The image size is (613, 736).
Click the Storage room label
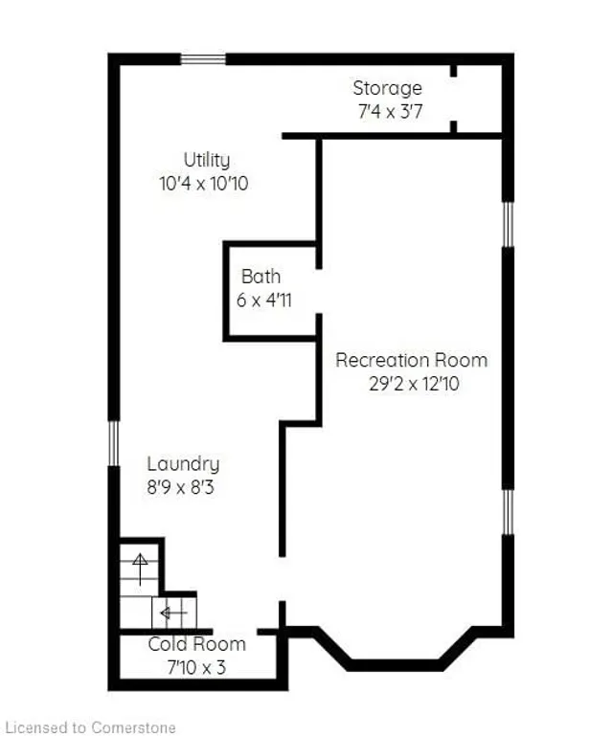tap(387, 89)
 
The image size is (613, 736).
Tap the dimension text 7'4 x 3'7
tap(387, 111)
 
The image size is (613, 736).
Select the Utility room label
tap(206, 161)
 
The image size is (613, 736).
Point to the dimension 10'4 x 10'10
tap(204, 183)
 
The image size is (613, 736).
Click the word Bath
tap(261, 277)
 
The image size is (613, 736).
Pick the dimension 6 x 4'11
tap(264, 300)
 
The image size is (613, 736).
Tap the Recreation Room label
tap(411, 360)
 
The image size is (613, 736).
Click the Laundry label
tap(183, 464)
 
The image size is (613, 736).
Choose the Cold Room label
tap(196, 644)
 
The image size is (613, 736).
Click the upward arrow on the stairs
tap(141, 569)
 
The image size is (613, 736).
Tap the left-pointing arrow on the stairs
tap(172, 612)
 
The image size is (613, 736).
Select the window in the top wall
tap(204, 59)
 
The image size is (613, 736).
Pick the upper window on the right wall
tap(509, 224)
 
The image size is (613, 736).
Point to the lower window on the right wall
tap(509, 511)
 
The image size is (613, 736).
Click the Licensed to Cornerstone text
tap(90, 728)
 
